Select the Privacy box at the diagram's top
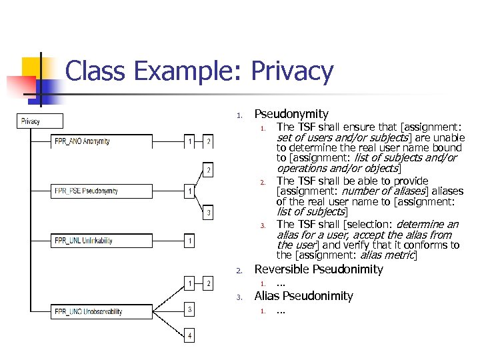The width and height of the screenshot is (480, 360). pos(40,121)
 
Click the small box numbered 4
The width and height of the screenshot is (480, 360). pos(190,336)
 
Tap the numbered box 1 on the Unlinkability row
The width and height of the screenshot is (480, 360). pos(190,240)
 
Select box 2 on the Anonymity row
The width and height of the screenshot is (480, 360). pos(208,141)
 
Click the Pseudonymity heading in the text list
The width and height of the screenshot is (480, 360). pos(291,114)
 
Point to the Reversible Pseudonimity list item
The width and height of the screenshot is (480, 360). pos(319,269)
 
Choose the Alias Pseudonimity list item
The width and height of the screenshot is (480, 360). pos(303,296)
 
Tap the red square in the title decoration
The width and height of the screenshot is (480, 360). pos(20,87)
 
